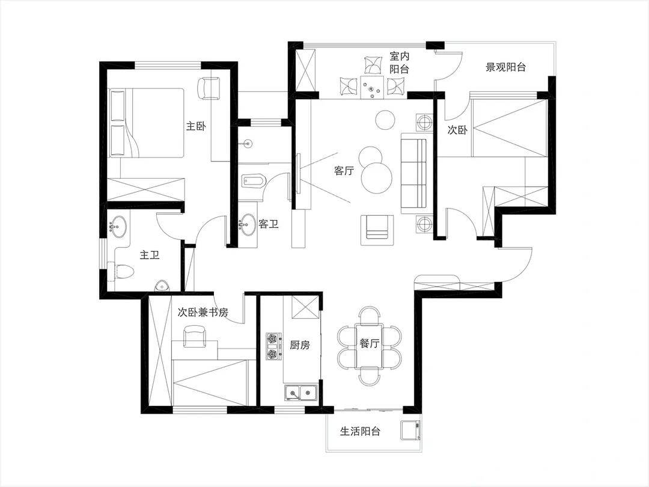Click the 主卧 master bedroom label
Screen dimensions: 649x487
(196, 126)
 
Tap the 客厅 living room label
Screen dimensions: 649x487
(344, 170)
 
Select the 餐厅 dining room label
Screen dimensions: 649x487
(369, 343)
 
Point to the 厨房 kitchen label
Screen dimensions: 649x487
(300, 345)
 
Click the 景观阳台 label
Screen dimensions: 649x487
(505, 67)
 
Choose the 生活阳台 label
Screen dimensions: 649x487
(360, 432)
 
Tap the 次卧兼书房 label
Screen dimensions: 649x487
(203, 312)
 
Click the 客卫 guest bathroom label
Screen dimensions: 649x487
(269, 224)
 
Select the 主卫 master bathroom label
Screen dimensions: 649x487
(150, 255)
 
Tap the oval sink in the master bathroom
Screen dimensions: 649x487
(119, 227)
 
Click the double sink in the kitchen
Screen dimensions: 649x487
(300, 393)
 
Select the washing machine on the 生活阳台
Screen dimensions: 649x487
(410, 430)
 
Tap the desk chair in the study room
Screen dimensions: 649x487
(195, 336)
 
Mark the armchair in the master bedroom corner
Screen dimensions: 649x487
(210, 88)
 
